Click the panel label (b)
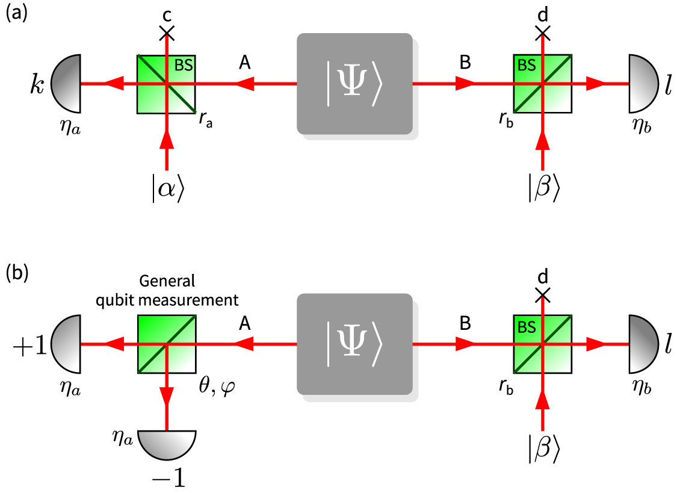pos(16,274)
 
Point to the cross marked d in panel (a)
pos(543,34)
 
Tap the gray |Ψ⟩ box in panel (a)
pos(355,83)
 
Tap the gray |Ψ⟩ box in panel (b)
pos(355,344)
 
